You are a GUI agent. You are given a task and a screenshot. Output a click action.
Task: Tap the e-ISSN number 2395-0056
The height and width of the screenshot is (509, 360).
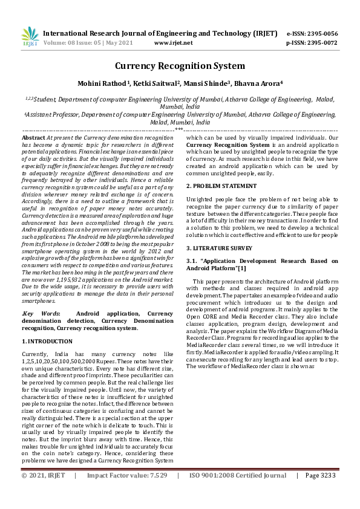321,33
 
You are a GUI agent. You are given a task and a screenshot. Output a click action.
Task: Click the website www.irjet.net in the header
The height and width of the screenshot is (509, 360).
174,43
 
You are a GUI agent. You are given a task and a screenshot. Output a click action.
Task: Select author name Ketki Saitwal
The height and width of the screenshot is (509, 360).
148,83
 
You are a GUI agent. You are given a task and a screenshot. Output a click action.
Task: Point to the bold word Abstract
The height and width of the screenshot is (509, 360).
33,138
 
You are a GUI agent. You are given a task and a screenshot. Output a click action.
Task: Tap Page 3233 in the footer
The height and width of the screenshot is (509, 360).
321,493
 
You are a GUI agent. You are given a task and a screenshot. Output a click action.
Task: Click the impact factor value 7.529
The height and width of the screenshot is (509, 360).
155,493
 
